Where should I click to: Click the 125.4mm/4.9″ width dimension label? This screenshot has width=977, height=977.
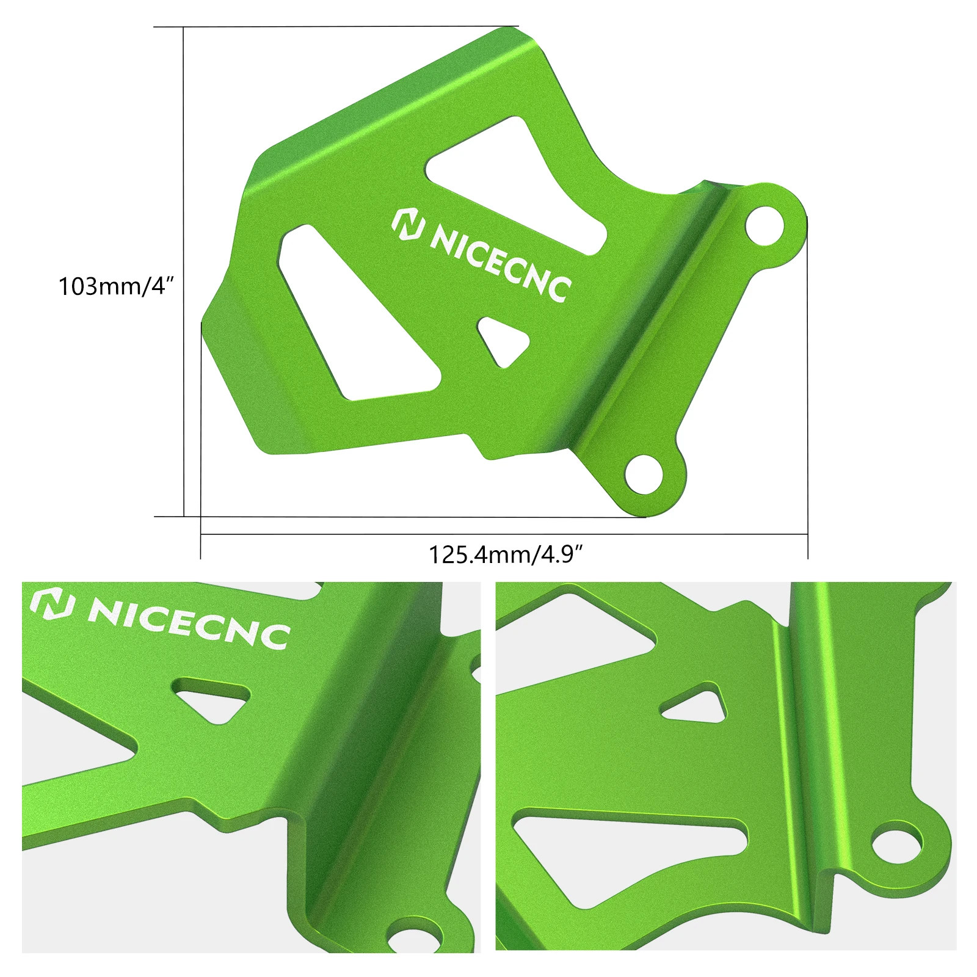(x=506, y=555)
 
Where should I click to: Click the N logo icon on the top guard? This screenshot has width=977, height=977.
(x=408, y=225)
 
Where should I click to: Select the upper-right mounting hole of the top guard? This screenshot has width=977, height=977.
(x=765, y=224)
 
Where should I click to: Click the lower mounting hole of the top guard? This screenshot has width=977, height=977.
(x=645, y=473)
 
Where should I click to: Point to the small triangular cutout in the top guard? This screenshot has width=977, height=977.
(x=503, y=341)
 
